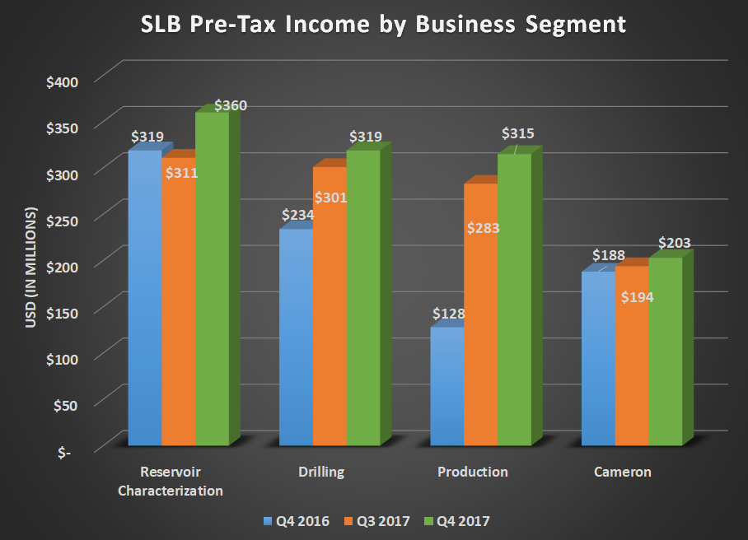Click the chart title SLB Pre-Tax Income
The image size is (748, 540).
pyautogui.click(x=373, y=25)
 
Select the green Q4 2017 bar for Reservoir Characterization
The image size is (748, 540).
pyautogui.click(x=212, y=280)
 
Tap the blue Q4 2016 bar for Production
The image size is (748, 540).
pyautogui.click(x=447, y=387)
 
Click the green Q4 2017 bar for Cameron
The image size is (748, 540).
pyautogui.click(x=666, y=354)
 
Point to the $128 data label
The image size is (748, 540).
pyautogui.click(x=449, y=314)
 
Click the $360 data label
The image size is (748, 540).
pyautogui.click(x=231, y=106)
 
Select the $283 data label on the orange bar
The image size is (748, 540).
pyautogui.click(x=482, y=228)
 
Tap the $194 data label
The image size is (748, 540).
pyautogui.click(x=637, y=297)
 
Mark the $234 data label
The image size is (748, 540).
pyautogui.click(x=297, y=215)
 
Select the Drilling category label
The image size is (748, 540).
pyautogui.click(x=321, y=472)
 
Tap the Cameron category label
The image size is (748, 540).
pyautogui.click(x=622, y=472)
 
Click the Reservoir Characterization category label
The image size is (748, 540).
pyautogui.click(x=170, y=482)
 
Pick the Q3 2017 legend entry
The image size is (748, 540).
pyautogui.click(x=380, y=520)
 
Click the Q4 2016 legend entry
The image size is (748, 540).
pyautogui.click(x=297, y=520)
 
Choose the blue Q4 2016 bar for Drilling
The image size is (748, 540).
pyautogui.click(x=296, y=346)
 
